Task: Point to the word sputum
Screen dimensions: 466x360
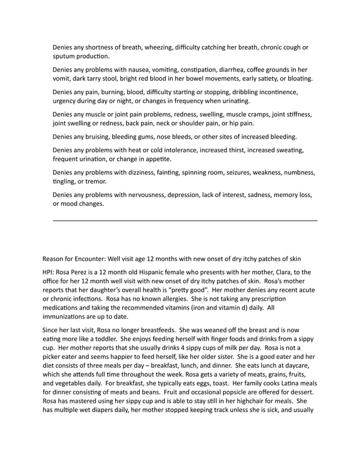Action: tap(65, 56)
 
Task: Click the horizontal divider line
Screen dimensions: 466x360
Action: tap(185, 220)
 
